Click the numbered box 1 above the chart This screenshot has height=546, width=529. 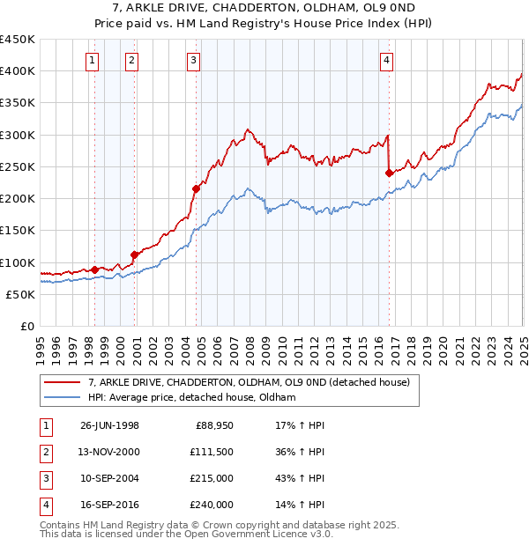(93, 60)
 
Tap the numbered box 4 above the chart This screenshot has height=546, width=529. (386, 60)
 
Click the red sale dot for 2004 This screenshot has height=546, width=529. (196, 188)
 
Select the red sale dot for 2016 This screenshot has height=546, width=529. (389, 173)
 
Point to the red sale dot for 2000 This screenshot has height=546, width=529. (135, 255)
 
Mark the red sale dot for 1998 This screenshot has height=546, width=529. (95, 269)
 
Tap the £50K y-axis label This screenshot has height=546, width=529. (20, 294)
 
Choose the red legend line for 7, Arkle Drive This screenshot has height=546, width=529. (62, 383)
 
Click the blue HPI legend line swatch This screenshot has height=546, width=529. (62, 398)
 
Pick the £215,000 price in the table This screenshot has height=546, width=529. (212, 479)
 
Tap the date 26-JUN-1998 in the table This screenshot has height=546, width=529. (109, 426)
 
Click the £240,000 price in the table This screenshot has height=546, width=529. (212, 505)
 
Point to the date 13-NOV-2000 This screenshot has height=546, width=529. (110, 453)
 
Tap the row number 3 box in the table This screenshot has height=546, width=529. (44, 479)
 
